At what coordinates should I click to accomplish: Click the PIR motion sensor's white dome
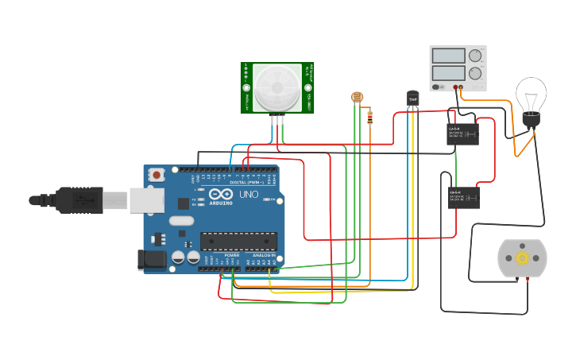pos(276,87)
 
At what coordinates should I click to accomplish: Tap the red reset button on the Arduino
pos(157,174)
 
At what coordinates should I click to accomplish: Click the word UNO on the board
pos(249,194)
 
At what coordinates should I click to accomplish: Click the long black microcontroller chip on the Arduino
pos(238,241)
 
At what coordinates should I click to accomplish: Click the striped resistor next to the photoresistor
pos(370,118)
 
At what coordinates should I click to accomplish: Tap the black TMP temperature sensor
pos(412,99)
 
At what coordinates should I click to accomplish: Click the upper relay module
pos(463,134)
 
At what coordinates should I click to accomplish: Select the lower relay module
pos(463,197)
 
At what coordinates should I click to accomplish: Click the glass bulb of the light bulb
pos(530,95)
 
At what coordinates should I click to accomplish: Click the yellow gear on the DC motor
pos(522,257)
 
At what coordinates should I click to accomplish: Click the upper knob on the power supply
pos(475,56)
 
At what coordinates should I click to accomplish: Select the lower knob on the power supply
pos(475,74)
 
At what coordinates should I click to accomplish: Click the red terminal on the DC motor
pos(527,280)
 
